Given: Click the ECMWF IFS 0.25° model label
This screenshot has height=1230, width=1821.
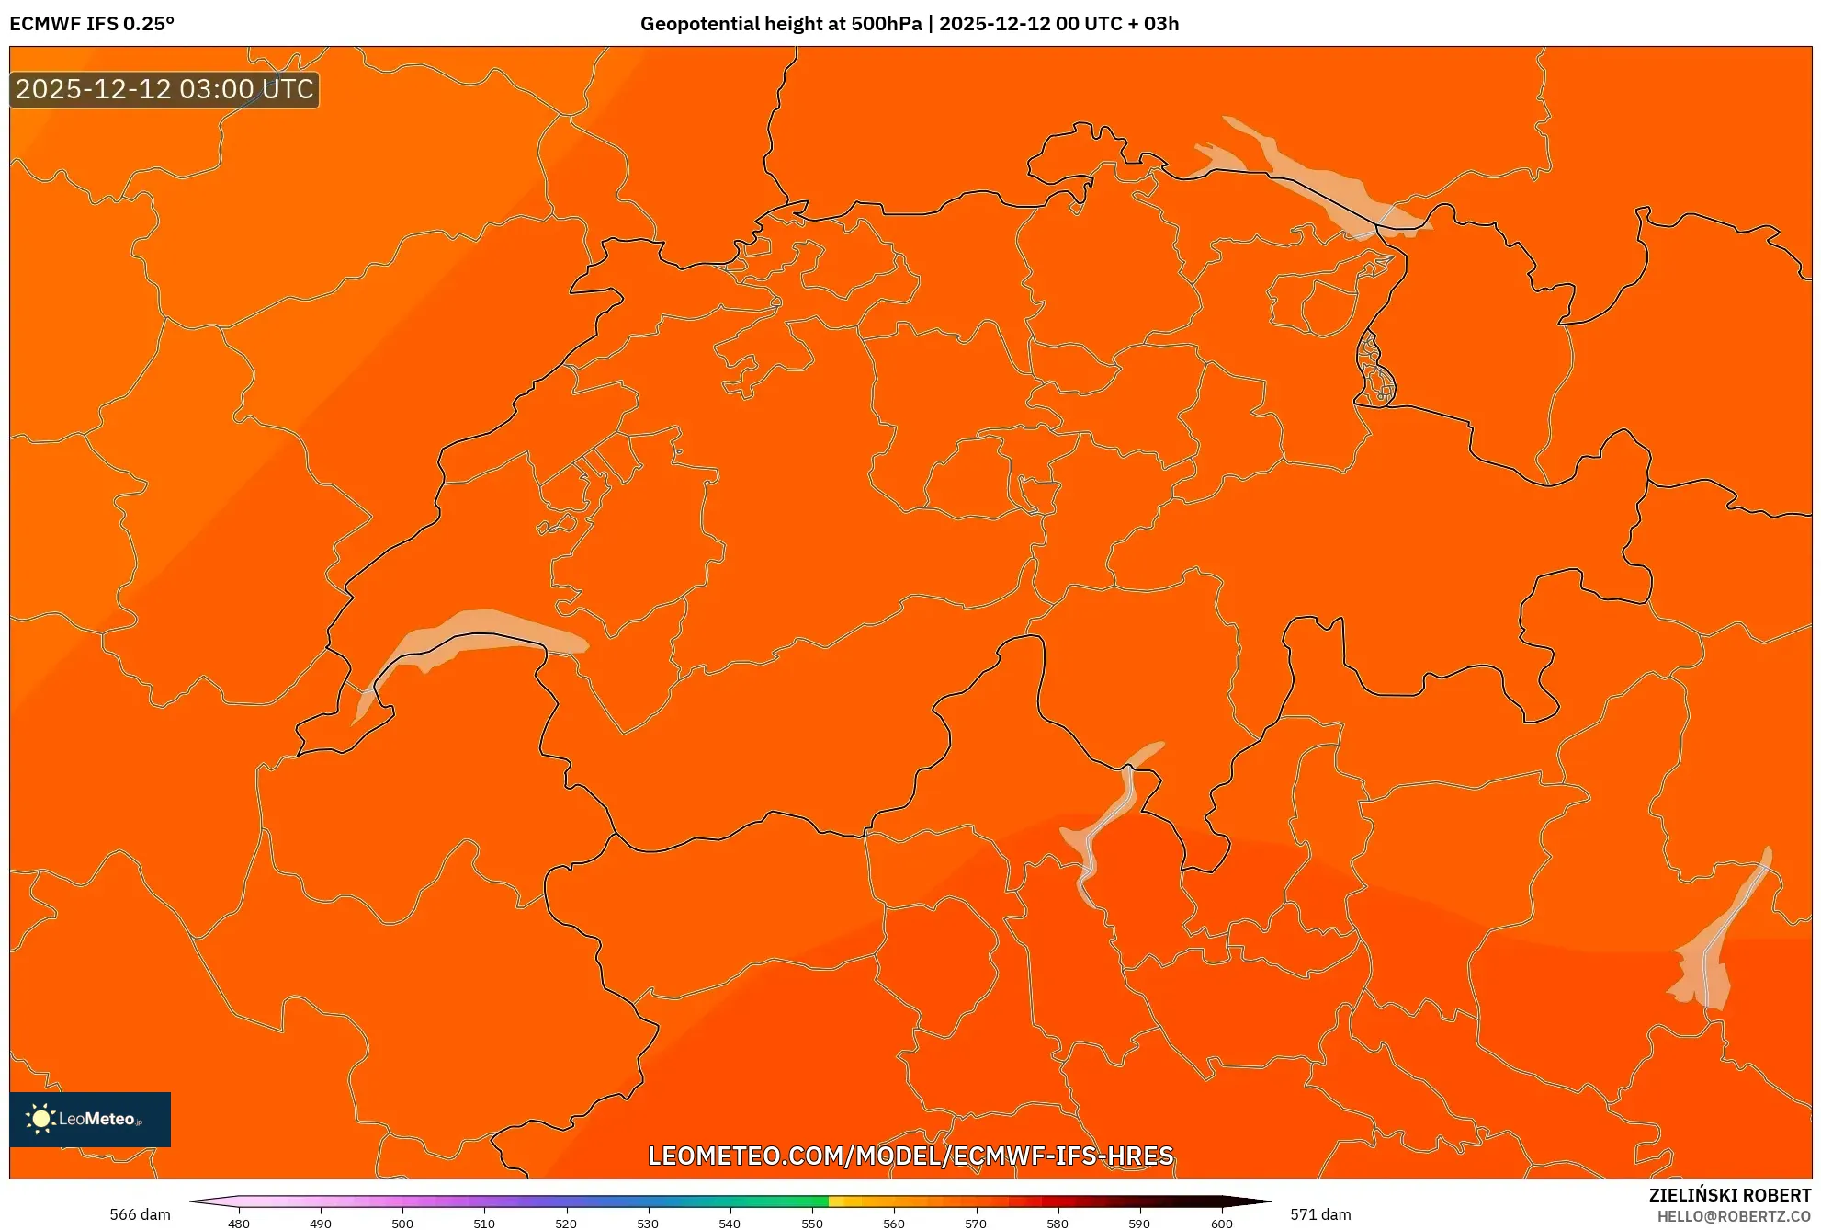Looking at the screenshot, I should (92, 24).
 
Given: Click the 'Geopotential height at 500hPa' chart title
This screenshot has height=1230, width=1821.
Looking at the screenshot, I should (781, 24).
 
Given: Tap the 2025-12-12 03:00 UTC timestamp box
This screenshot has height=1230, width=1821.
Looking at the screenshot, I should (164, 90).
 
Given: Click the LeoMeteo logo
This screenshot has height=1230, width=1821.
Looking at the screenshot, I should (90, 1119).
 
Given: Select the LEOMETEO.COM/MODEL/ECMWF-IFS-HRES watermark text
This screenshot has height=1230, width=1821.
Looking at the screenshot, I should (910, 1156).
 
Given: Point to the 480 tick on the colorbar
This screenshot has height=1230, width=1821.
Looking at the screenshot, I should (239, 1223).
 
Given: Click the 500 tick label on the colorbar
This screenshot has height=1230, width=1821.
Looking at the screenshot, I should (402, 1223).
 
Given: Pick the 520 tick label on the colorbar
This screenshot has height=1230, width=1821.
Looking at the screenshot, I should (566, 1223).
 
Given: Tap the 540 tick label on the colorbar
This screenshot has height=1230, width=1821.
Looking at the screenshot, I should (730, 1223).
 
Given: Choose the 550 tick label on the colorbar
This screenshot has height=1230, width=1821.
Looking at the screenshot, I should (812, 1223).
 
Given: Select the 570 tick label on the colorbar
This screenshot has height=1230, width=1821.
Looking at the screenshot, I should (976, 1223).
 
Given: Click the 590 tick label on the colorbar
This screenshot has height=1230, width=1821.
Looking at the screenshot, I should (1139, 1223).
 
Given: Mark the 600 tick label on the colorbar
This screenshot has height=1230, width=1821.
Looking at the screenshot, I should (1221, 1223).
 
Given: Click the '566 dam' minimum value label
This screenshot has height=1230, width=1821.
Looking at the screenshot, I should (140, 1214).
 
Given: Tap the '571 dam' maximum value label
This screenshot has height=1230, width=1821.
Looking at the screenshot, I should (1320, 1214).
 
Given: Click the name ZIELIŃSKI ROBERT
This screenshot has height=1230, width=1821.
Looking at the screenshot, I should (1729, 1195).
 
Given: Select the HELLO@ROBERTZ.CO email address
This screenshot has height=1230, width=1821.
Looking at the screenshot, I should (1734, 1216).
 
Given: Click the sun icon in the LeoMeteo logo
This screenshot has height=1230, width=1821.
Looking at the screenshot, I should (40, 1119).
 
